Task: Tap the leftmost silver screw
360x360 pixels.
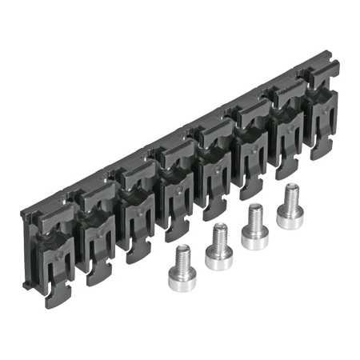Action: pyautogui.click(x=183, y=270)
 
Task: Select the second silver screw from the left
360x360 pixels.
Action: pyautogui.click(x=218, y=248)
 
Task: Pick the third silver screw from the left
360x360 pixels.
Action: pyautogui.click(x=255, y=228)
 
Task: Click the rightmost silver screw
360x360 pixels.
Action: pyautogui.click(x=290, y=208)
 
